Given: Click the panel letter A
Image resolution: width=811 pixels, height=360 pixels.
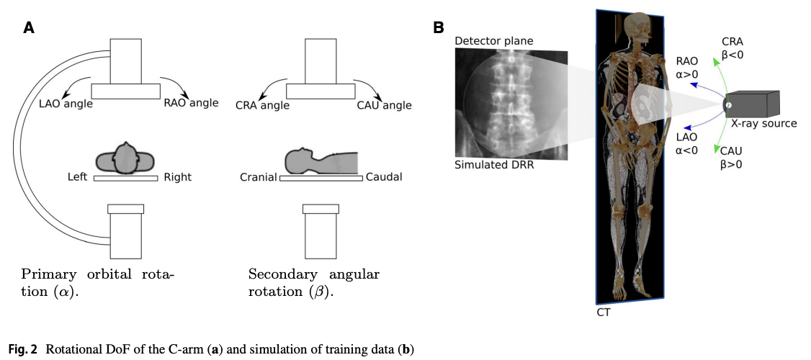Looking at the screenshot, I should coord(29,28).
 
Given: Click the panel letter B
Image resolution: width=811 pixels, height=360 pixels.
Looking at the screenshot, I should coord(438,28).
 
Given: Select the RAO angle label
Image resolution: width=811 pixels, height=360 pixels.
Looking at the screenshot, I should coord(191,103).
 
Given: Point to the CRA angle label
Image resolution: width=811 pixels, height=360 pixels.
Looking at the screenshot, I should coord(262,106).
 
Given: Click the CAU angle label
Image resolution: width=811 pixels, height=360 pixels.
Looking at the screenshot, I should coord(384,106).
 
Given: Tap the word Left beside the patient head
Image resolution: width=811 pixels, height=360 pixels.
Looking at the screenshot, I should coord(78,176).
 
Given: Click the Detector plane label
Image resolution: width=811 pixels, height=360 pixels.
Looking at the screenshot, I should coord(493,41).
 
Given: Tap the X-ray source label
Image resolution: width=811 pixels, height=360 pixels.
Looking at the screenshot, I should coord(764,123).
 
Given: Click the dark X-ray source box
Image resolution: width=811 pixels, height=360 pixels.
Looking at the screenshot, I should coord(753,104).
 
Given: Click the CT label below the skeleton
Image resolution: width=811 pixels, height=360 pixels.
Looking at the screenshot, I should coord(604,313).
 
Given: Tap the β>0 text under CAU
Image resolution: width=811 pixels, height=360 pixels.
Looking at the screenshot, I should coord(730,165).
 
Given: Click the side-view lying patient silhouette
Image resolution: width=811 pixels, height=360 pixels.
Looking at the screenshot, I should coord(321,163).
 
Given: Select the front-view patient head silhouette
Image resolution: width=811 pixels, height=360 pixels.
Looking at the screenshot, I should coord(126,158).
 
